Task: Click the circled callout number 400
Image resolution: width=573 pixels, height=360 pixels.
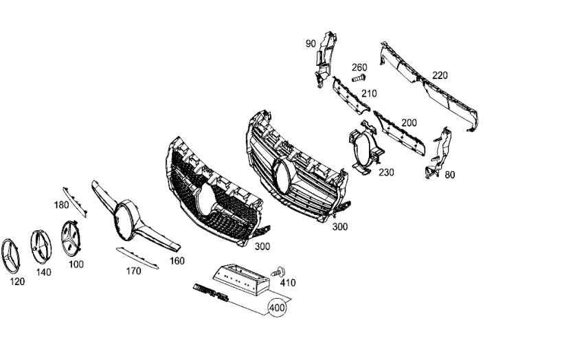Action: (277, 308)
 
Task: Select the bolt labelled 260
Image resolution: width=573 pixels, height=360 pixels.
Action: (359, 78)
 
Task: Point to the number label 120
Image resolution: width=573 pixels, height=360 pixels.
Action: (17, 282)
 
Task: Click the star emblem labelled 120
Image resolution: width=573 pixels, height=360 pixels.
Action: (10, 256)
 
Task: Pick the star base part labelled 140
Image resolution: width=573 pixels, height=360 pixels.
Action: (41, 247)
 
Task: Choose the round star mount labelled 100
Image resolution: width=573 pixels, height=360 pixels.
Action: (71, 238)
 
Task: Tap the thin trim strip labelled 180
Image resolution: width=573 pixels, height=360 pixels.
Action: (75, 202)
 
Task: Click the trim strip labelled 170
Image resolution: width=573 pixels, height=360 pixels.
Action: (137, 258)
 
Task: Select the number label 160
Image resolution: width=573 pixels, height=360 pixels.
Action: (177, 260)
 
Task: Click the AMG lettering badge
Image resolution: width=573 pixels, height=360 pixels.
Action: (210, 292)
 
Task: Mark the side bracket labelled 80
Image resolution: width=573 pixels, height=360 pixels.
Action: (438, 153)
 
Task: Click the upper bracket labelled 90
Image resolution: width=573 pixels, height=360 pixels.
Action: (325, 60)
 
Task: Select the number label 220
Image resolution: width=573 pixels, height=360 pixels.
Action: (440, 76)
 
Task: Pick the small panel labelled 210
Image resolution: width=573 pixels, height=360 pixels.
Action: (350, 94)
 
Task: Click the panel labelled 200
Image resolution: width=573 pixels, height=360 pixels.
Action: (399, 133)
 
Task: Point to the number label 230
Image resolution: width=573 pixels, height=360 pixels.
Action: (386, 172)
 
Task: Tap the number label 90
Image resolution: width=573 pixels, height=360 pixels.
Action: (311, 43)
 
